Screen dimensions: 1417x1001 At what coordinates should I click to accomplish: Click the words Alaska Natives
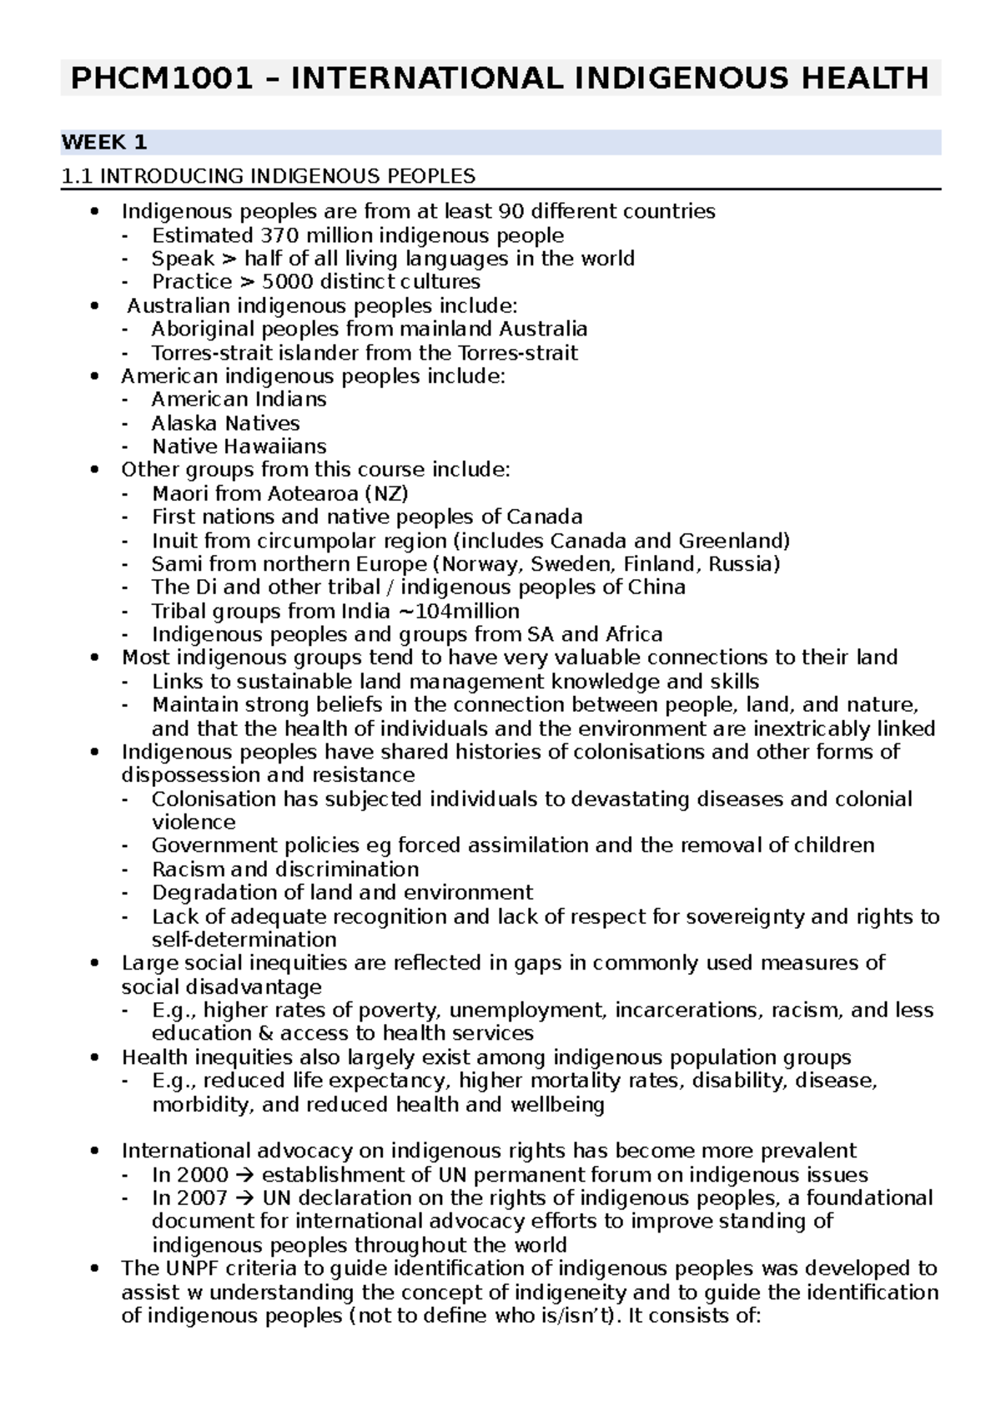coord(225,423)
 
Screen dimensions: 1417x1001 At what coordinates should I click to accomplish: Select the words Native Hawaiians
coord(239,446)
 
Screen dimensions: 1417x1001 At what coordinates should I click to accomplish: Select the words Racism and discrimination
coord(285,870)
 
